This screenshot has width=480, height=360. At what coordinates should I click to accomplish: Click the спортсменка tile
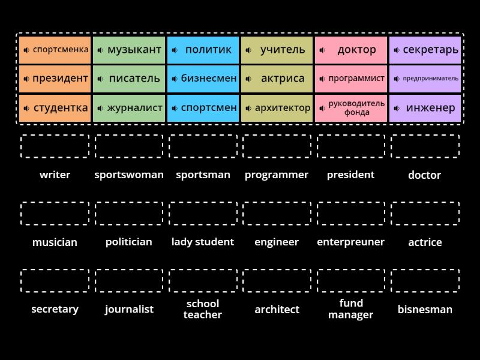click(55, 50)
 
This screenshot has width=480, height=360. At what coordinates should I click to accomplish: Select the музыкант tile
click(129, 50)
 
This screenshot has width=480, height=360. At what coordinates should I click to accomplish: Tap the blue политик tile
click(203, 50)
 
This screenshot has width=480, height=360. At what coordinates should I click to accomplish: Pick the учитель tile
click(277, 50)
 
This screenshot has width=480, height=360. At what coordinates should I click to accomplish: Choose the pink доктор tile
click(351, 50)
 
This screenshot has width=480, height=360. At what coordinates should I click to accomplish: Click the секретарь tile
click(425, 50)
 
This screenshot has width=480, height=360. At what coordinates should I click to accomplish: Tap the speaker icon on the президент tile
click(26, 79)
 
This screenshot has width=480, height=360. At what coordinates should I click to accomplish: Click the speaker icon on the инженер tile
click(397, 109)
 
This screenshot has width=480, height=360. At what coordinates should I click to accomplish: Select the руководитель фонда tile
click(351, 108)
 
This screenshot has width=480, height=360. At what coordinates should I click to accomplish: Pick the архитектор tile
click(277, 108)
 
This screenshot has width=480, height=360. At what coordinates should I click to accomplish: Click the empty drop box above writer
click(55, 146)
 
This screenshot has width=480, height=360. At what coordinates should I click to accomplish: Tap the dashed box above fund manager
click(351, 281)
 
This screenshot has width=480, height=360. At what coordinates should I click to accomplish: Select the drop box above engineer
click(277, 214)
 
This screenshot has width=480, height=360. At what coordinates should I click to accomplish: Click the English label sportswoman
click(129, 175)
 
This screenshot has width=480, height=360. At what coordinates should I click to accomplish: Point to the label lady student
click(203, 242)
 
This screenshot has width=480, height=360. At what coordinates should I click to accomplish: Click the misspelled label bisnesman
click(425, 310)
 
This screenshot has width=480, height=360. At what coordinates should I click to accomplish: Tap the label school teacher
click(203, 309)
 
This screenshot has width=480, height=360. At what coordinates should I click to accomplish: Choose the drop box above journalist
click(129, 281)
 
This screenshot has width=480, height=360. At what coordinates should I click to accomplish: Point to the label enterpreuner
click(351, 242)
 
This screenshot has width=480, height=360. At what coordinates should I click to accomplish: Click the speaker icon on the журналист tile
click(100, 109)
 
